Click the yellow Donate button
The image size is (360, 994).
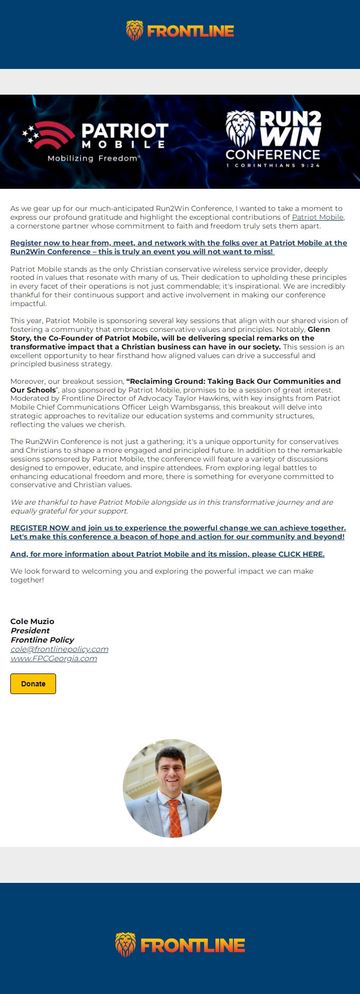point(33,684)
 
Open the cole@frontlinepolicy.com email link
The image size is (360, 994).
point(59,649)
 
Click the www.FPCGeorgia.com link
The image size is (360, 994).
point(53,659)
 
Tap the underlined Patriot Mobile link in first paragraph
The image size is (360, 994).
point(317,217)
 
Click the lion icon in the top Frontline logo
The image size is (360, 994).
point(135,31)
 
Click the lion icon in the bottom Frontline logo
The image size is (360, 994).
point(125,945)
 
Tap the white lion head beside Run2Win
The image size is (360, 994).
point(240,129)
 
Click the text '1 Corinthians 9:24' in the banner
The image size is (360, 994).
point(273,166)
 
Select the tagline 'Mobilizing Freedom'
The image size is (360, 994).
point(93,158)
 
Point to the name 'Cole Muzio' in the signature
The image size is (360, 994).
point(32,622)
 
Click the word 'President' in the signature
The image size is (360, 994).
point(30,631)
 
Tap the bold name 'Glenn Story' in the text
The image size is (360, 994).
point(319,329)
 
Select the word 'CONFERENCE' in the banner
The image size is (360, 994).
point(273,154)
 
